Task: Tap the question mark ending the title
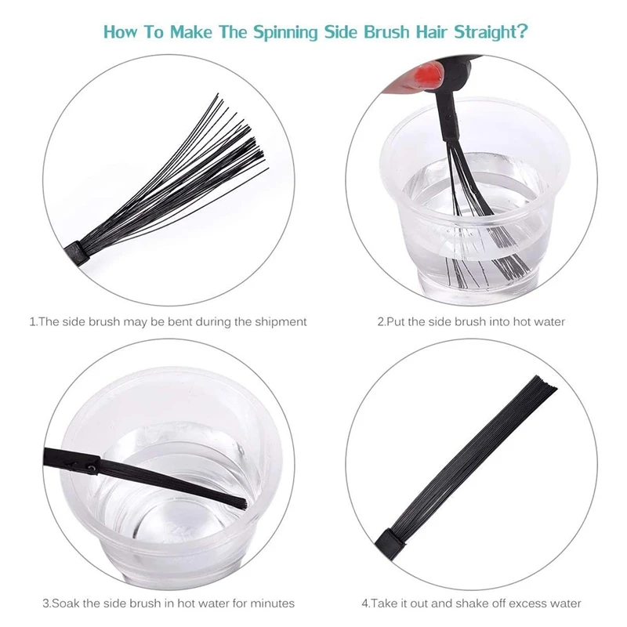(x=522, y=33)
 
